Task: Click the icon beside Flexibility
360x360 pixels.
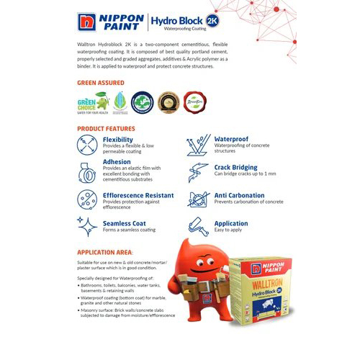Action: click(x=88, y=145)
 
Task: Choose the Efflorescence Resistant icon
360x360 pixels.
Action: click(x=88, y=199)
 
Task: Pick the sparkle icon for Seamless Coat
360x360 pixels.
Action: click(x=88, y=227)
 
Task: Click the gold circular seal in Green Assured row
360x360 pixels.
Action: click(x=168, y=102)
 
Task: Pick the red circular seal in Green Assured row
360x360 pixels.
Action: click(x=192, y=102)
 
